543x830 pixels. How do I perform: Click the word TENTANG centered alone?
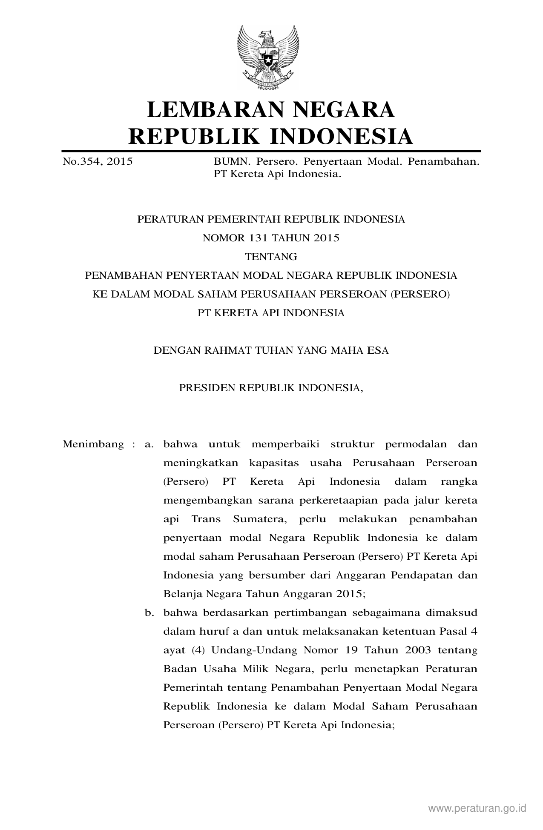[271, 257]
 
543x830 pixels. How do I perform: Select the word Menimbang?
[93, 444]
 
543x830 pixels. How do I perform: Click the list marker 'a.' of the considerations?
[149, 444]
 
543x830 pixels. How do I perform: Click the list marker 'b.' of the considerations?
[149, 613]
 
